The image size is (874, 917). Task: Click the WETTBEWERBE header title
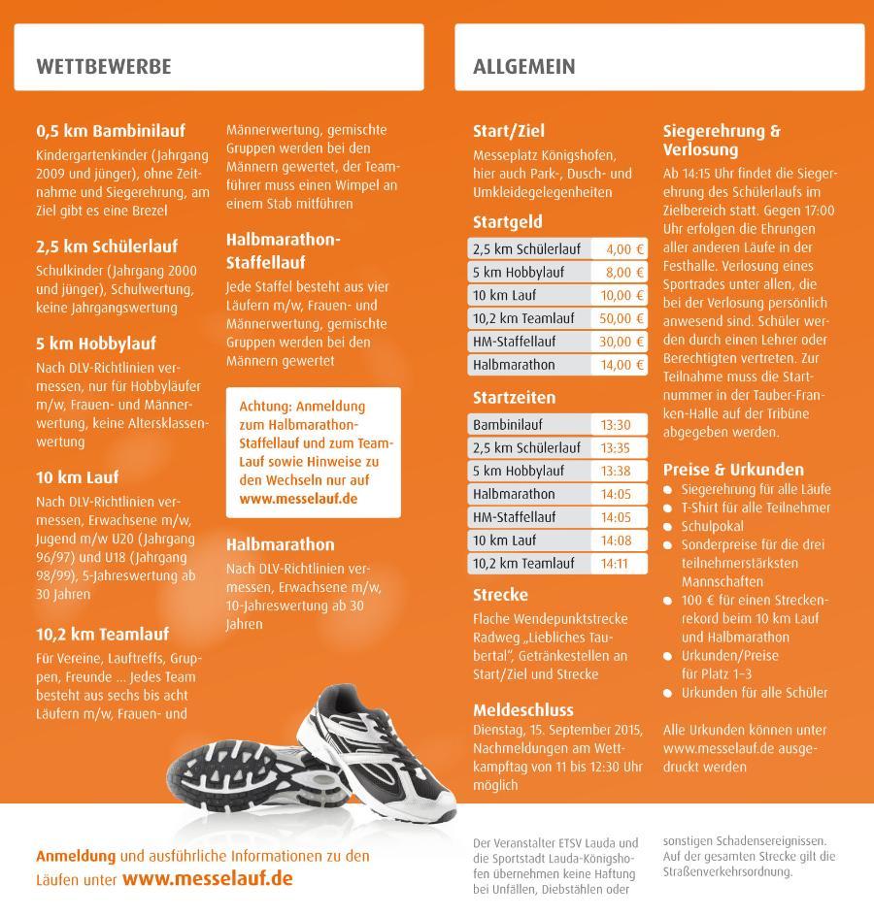(103, 66)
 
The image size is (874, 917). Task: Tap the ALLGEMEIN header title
(523, 66)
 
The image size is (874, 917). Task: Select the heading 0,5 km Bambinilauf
(110, 131)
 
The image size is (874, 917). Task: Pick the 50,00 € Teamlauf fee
(622, 318)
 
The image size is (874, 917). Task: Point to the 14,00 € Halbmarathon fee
(622, 365)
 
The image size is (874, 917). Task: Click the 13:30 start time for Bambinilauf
(616, 425)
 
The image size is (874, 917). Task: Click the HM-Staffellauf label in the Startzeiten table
(514, 517)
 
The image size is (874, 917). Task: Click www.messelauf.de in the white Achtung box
(298, 498)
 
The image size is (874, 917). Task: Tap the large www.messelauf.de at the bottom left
(207, 879)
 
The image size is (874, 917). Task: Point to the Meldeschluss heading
(522, 709)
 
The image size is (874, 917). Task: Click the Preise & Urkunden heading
(733, 469)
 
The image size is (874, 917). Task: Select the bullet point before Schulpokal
(668, 526)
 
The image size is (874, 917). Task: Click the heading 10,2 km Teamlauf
(102, 635)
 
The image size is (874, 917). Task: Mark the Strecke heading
(500, 595)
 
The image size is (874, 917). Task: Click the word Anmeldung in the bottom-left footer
(76, 857)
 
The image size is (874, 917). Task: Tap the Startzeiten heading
(514, 398)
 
